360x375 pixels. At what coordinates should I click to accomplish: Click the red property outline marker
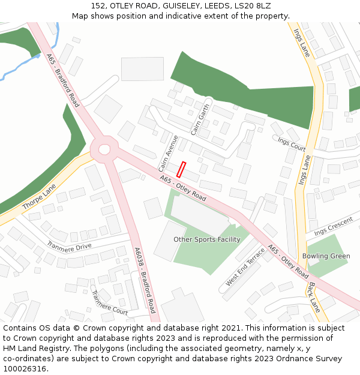(x=181, y=169)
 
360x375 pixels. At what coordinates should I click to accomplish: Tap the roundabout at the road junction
(x=104, y=148)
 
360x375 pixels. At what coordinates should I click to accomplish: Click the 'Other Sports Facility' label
(x=206, y=239)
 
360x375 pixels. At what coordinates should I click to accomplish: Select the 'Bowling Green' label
(x=326, y=256)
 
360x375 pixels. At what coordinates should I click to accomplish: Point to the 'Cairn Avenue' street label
(x=169, y=152)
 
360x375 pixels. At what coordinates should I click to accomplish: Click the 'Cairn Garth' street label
(x=200, y=119)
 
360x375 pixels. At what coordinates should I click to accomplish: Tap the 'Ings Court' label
(x=292, y=143)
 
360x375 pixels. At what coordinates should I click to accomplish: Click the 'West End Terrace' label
(x=245, y=266)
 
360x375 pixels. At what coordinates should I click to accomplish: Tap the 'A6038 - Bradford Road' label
(x=145, y=280)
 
